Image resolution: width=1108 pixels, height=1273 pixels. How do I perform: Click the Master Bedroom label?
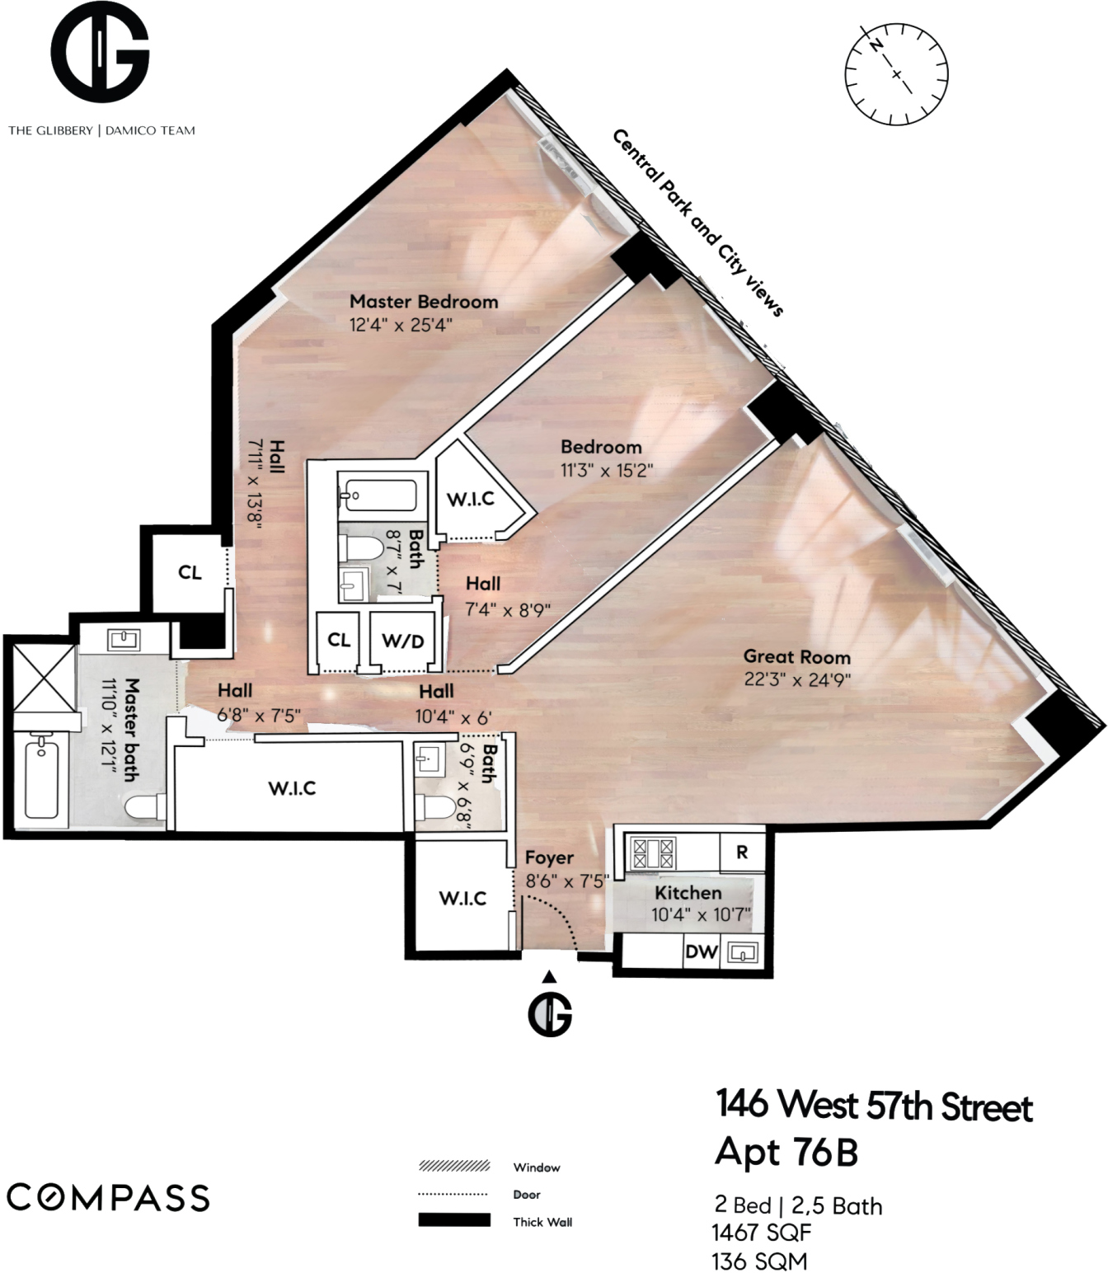(x=424, y=302)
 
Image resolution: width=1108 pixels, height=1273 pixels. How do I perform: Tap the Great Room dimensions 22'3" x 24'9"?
(x=797, y=680)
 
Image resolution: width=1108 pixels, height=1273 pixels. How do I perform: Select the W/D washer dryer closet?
(x=403, y=641)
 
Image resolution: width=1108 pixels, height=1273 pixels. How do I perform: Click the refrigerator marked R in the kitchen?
(x=742, y=853)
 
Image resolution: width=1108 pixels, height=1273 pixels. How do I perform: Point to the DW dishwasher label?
(x=702, y=951)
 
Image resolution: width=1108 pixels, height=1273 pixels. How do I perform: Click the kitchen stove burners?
(x=653, y=853)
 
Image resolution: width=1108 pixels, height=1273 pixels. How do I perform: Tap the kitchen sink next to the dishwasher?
(x=744, y=953)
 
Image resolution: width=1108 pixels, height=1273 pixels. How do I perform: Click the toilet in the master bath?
(x=144, y=807)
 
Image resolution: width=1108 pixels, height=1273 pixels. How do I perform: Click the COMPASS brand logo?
(x=108, y=1197)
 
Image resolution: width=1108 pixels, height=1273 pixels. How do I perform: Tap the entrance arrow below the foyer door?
(x=549, y=977)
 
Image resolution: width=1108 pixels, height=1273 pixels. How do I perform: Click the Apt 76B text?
(x=786, y=1152)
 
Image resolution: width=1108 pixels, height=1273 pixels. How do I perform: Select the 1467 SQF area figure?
(x=761, y=1233)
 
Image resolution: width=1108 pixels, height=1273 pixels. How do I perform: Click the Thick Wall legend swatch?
(x=454, y=1220)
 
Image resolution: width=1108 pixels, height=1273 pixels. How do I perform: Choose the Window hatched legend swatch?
(x=454, y=1166)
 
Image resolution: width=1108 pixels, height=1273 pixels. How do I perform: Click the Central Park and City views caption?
(x=697, y=223)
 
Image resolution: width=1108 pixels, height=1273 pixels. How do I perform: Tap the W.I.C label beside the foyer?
(x=462, y=898)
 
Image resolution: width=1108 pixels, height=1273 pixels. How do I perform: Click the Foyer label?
(x=549, y=858)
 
